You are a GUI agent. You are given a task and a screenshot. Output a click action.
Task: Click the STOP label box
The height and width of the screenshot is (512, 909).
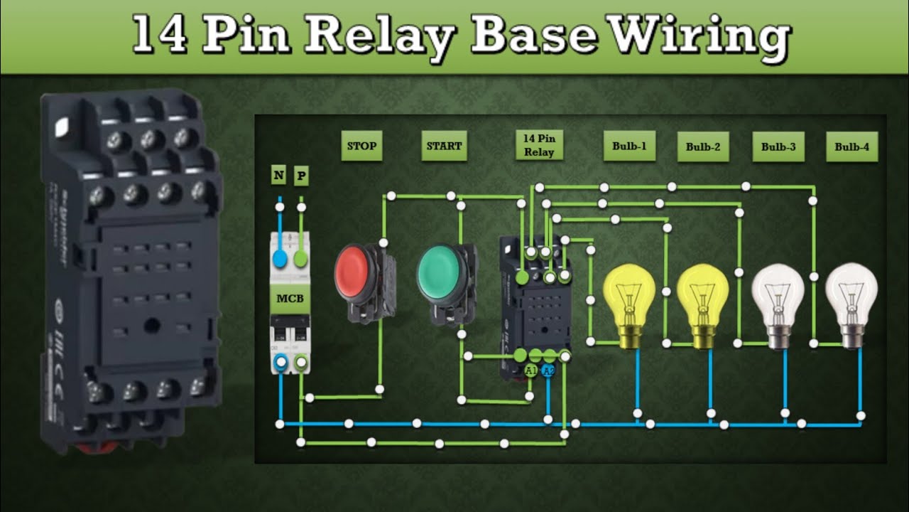361,146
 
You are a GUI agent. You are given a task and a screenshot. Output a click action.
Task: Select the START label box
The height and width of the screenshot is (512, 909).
444,146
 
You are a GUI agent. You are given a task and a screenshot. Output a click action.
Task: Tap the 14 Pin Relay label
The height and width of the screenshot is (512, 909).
538,146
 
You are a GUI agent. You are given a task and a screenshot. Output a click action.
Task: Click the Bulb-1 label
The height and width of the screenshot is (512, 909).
629,146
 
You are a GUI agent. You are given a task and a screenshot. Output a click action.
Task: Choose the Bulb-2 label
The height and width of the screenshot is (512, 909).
703,147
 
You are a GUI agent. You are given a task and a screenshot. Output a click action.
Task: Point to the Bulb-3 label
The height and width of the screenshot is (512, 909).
778,147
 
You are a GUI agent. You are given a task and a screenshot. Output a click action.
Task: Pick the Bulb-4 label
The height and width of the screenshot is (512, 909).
851,147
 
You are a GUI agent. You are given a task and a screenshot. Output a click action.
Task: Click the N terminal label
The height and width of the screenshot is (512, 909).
279,174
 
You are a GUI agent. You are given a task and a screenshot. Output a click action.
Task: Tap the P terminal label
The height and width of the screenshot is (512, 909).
301,175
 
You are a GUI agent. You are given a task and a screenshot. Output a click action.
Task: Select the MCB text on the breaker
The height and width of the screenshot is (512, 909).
290,298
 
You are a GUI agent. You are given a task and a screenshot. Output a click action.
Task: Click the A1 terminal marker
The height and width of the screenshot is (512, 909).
531,370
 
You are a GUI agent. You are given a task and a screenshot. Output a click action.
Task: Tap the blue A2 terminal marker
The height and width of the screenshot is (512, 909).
548,370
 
